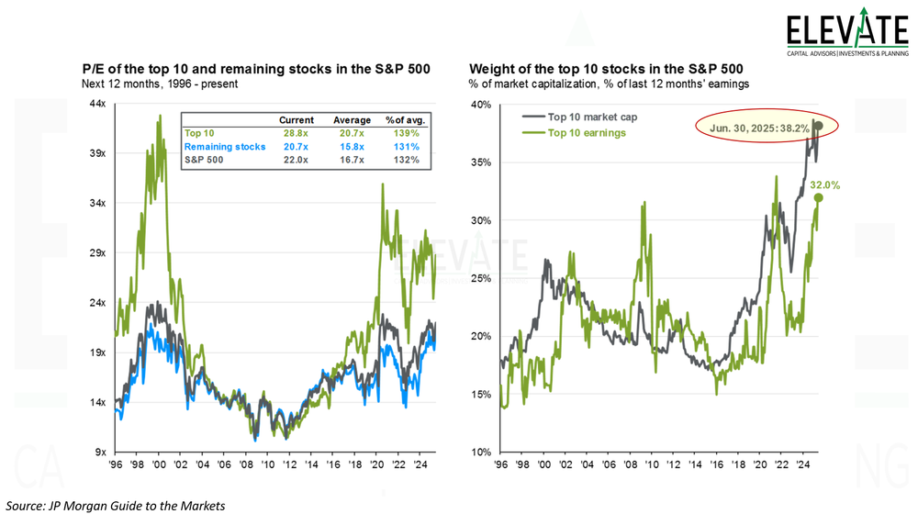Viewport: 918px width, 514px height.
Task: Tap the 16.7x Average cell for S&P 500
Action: coord(353,160)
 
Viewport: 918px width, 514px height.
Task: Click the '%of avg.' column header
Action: coord(402,120)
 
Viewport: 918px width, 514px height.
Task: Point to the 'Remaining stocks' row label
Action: coord(225,147)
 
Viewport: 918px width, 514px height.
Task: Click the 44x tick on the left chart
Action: coord(95,105)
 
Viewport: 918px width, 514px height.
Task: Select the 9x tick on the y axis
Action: coord(97,453)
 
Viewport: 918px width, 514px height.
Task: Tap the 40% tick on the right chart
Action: coord(481,105)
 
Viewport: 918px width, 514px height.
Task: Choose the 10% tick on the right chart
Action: coord(481,453)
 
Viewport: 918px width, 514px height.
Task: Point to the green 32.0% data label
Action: coord(824,184)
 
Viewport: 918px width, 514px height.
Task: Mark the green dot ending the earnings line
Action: coord(817,197)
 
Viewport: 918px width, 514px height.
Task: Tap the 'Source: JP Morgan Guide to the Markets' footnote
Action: coord(116,505)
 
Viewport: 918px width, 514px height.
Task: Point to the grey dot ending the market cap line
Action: coord(817,126)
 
